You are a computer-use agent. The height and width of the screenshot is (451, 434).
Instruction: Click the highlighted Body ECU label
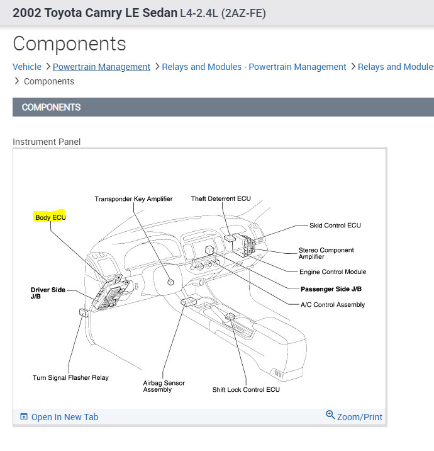point(50,217)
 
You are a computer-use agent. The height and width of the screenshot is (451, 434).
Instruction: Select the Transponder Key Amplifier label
point(133,199)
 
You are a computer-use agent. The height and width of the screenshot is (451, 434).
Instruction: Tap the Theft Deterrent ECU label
point(221,199)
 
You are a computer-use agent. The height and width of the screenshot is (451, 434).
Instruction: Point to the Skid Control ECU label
point(335,226)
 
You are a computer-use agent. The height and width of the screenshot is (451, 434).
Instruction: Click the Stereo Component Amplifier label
point(326,253)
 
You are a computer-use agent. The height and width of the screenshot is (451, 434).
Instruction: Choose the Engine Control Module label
point(333,272)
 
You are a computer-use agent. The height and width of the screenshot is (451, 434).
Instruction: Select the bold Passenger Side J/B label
point(331,289)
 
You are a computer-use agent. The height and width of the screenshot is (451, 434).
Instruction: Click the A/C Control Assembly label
point(333,305)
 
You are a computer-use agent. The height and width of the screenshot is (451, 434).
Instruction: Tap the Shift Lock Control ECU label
point(246,390)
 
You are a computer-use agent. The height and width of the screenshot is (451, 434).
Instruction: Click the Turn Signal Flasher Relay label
point(70,378)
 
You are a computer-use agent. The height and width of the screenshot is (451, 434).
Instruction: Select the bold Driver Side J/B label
point(48,293)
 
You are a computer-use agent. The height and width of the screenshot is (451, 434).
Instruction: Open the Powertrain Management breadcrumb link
point(101,67)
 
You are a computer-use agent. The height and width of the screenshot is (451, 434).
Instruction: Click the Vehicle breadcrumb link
point(27,67)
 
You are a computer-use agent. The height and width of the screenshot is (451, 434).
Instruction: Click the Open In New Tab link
point(64,417)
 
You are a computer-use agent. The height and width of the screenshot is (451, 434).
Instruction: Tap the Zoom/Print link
point(359,417)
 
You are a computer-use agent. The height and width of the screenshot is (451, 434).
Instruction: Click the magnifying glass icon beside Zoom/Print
point(330,415)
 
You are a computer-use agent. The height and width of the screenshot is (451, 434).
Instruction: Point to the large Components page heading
point(69,43)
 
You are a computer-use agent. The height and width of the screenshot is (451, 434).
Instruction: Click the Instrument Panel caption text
point(47,142)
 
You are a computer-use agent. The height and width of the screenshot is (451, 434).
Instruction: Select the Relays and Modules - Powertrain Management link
point(254,67)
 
